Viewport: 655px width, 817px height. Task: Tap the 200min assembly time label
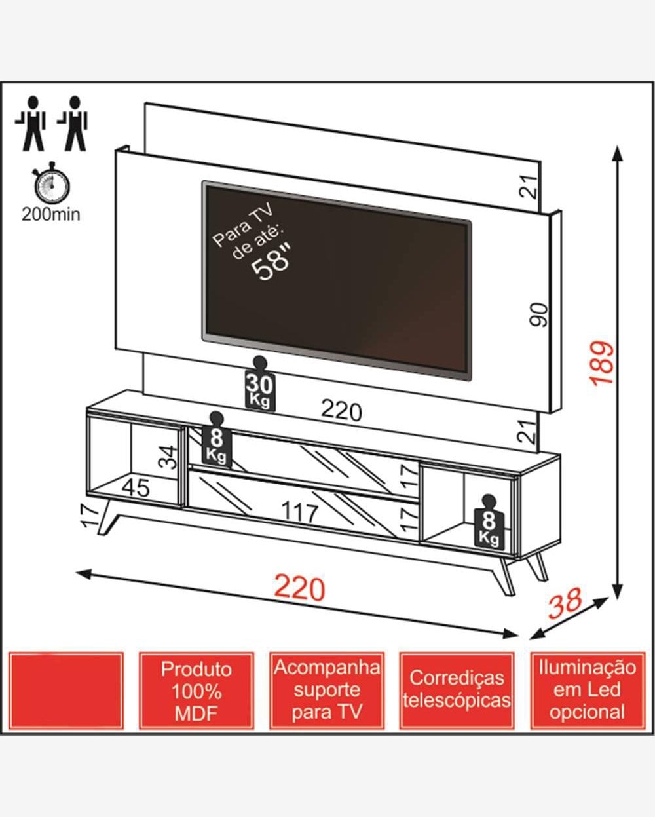click(51, 214)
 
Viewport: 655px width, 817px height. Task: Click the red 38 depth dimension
click(565, 604)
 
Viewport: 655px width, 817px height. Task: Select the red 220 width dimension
click(299, 588)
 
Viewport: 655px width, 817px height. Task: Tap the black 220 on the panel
click(341, 411)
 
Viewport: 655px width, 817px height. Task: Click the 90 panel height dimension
click(538, 314)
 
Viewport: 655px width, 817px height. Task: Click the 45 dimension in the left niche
click(136, 487)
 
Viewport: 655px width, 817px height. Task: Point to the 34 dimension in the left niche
click(168, 457)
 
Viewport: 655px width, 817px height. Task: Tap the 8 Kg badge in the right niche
click(489, 522)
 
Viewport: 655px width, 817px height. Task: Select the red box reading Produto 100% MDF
click(196, 691)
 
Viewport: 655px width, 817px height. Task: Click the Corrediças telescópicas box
click(457, 690)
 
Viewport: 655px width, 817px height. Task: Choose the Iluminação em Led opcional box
click(587, 690)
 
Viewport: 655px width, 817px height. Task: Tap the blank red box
click(65, 691)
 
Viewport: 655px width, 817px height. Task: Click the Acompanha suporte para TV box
click(327, 690)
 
